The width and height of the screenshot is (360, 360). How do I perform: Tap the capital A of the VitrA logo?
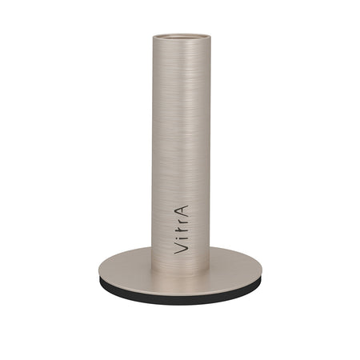tap(182, 210)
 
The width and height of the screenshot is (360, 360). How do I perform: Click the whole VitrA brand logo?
tap(181, 230)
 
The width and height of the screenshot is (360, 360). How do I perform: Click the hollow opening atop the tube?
tap(182, 37)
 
